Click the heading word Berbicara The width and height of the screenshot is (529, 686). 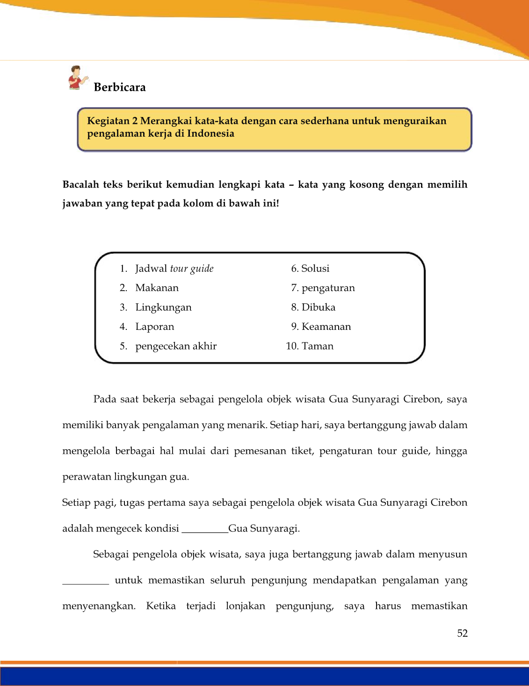tap(120, 88)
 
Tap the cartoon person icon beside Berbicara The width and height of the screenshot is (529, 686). tap(77, 78)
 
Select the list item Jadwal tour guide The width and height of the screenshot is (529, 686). tap(174, 269)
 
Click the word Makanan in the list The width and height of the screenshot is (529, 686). tap(157, 288)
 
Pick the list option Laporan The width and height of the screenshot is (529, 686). tap(154, 327)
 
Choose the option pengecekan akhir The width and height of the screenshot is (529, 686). tap(176, 346)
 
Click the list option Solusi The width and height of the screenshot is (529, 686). tap(315, 269)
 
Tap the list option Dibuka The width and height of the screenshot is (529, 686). tap(319, 307)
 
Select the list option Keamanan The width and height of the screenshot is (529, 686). tap(326, 327)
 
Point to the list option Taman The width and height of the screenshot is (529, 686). tap(318, 346)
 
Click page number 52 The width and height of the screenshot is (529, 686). tap(462, 634)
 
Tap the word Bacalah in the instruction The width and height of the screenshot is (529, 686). tap(80, 184)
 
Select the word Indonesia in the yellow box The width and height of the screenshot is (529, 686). tap(210, 134)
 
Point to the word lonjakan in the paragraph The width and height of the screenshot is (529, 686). tap(245, 606)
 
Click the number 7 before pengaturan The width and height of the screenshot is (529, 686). tap(294, 288)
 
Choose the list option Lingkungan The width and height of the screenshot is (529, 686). tap(163, 307)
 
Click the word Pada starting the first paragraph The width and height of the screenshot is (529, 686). tap(104, 399)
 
